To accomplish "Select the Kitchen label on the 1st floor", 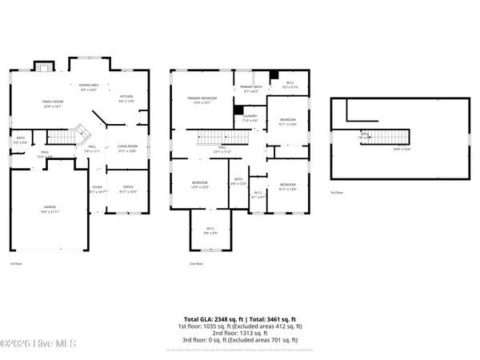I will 126,99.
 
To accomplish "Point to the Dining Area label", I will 88,86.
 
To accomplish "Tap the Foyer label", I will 97,190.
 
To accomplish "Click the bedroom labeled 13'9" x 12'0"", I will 200,185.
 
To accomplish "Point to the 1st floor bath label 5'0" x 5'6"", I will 21,140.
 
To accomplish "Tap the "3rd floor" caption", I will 338,193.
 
